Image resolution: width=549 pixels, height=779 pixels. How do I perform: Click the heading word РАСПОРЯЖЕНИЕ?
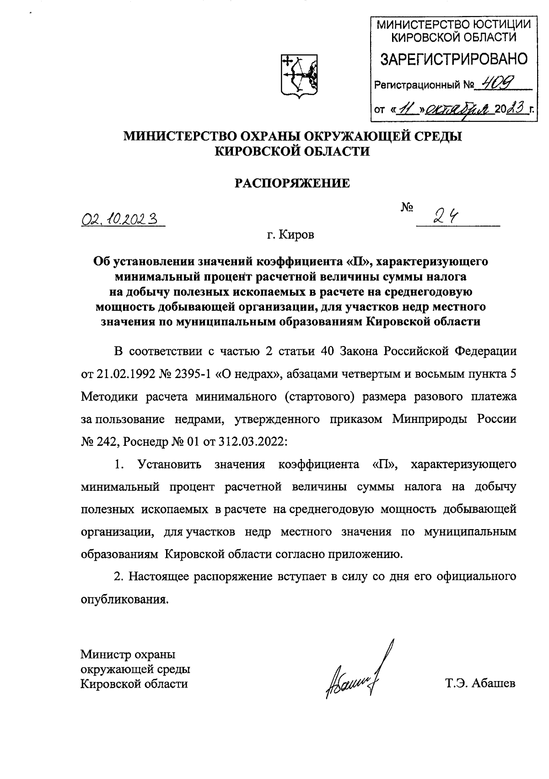point(292,184)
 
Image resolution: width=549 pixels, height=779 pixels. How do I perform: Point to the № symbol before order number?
point(407,209)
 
